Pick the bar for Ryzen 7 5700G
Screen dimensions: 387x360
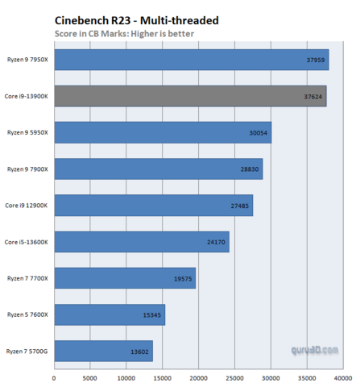[x=103, y=352]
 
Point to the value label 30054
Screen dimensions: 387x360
[x=256, y=132]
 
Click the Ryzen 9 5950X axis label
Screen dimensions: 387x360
[x=28, y=132]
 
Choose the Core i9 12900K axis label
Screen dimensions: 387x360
[x=27, y=206]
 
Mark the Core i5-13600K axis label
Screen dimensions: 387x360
[x=27, y=242]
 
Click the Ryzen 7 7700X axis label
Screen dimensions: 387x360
[x=28, y=278]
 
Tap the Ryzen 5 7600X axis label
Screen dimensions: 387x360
[x=28, y=314]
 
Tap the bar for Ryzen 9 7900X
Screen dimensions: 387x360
[x=158, y=169]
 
